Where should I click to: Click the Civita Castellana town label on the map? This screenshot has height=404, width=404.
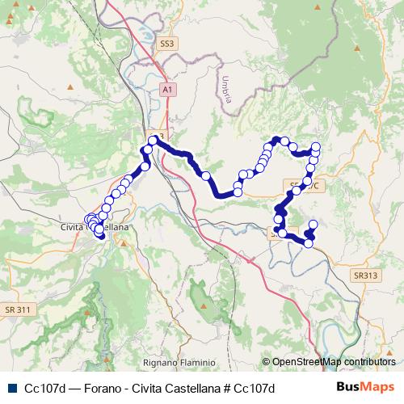click(x=95, y=228)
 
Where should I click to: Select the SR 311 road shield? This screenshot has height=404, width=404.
click(x=17, y=309)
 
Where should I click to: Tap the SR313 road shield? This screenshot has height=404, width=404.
click(x=365, y=276)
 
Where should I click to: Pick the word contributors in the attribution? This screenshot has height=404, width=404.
click(x=370, y=362)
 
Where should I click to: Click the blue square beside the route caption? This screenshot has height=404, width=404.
click(x=11, y=387)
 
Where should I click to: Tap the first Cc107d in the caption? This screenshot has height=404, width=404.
click(x=44, y=387)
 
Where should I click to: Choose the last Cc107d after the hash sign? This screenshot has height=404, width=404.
click(x=255, y=387)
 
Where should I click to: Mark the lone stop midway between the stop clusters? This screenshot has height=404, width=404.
click(x=205, y=175)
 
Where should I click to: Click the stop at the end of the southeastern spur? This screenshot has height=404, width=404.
click(x=314, y=224)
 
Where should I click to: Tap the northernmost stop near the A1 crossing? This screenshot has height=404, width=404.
click(x=152, y=141)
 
